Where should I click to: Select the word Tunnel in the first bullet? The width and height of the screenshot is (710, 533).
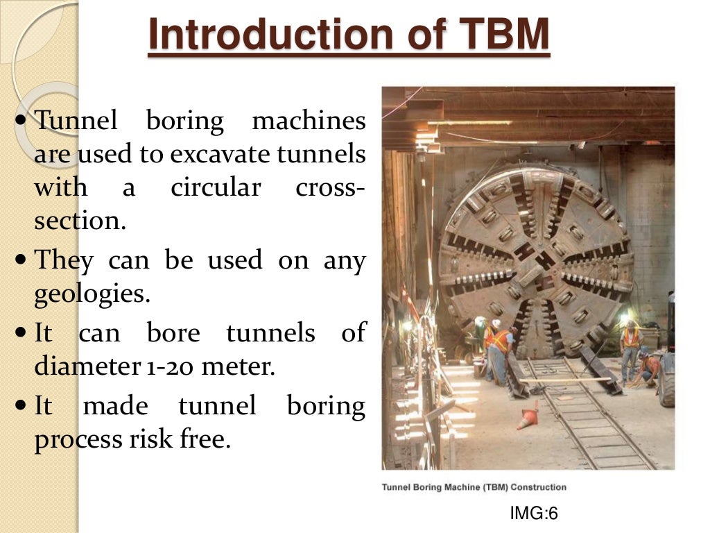pos(76,121)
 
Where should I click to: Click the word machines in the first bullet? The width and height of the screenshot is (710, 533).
pos(309,121)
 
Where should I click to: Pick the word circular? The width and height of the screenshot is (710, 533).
pos(215,187)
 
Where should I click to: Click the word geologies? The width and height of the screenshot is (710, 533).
pos(92,295)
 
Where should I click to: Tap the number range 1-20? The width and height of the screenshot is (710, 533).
pos(168,367)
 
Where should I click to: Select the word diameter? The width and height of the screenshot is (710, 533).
pos(78,366)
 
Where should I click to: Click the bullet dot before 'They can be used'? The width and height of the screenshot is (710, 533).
pos(20,262)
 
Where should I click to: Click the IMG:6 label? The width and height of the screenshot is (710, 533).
pos(534,514)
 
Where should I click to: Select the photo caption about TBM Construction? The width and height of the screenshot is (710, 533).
pos(474,487)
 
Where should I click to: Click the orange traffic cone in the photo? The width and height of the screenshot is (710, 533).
pos(528,416)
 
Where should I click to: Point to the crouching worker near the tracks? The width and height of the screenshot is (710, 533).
pos(648,369)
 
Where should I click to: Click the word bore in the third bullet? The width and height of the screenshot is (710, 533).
pos(173,334)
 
